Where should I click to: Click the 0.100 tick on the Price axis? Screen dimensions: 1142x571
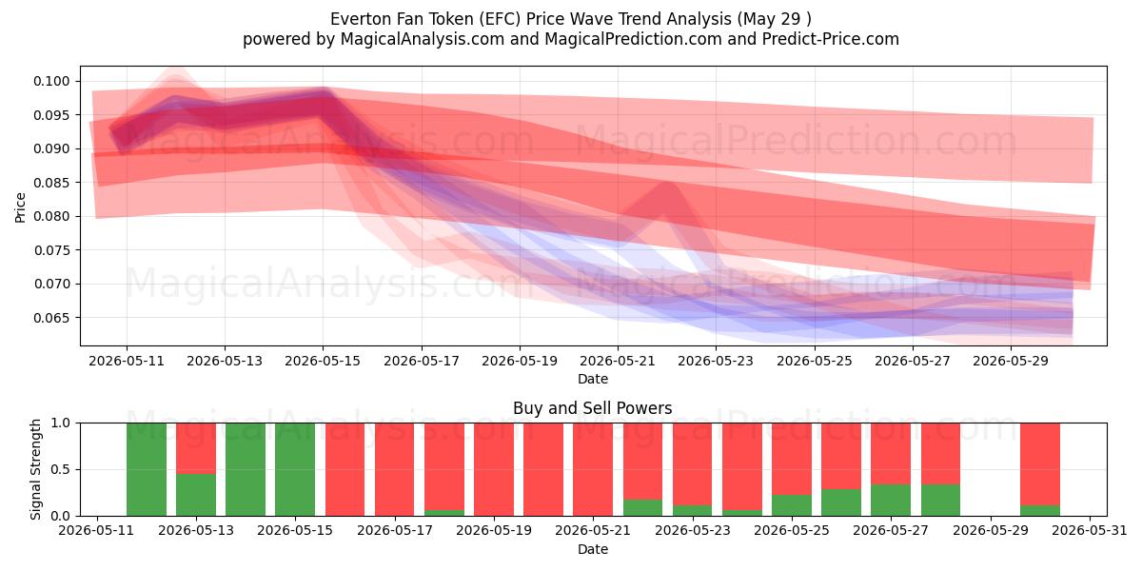click(51, 81)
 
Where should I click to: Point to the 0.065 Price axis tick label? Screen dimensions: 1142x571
click(51, 318)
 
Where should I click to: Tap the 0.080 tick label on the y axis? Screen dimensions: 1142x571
click(51, 217)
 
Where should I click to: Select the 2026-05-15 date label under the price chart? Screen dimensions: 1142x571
click(323, 361)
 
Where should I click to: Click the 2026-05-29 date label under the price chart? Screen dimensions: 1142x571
click(1011, 361)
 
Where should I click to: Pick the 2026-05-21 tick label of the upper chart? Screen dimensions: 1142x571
click(618, 361)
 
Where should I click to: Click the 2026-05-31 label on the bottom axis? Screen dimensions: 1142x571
click(1090, 531)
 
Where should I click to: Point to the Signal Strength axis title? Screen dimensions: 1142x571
click(35, 469)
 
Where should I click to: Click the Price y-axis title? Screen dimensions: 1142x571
click(20, 207)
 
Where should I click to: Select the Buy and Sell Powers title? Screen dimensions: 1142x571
click(592, 408)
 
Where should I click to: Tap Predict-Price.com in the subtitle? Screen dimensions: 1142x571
click(831, 39)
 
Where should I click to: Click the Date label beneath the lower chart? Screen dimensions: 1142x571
click(592, 549)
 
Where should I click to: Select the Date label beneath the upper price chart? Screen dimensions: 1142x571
click(592, 379)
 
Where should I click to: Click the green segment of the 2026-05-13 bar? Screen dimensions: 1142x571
click(196, 495)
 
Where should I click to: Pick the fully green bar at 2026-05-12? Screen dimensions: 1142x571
click(147, 469)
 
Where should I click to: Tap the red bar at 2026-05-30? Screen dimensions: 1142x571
click(1040, 464)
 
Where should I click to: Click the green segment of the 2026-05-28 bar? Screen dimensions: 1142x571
click(940, 501)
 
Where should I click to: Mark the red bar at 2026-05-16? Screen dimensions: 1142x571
click(345, 469)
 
